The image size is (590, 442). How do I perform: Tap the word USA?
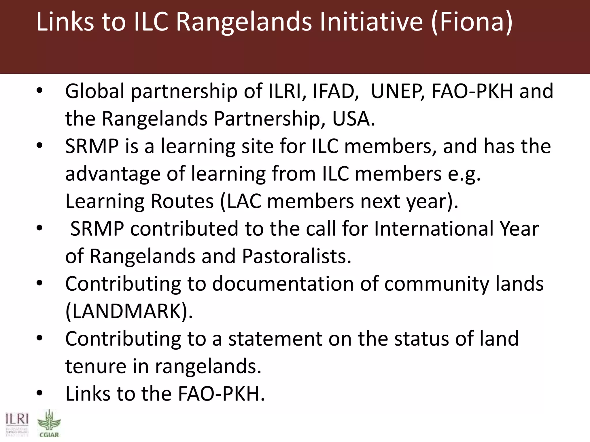[x=353, y=119]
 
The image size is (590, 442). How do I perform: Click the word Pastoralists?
[x=296, y=256]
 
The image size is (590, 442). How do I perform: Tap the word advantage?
[x=113, y=174]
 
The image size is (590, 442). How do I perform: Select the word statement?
[x=275, y=339]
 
